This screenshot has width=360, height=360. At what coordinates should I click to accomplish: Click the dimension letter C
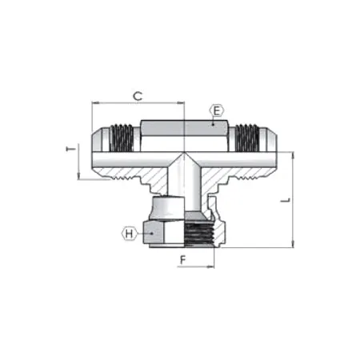tap(138, 95)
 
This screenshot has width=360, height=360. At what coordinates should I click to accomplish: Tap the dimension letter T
tap(70, 150)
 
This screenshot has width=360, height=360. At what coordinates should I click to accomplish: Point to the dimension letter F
tap(182, 260)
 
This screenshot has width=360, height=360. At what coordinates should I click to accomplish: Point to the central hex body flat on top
tap(184, 128)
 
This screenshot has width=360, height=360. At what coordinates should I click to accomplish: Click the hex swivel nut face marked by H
tap(160, 232)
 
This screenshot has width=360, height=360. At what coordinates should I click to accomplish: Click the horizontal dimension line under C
tap(138, 103)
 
